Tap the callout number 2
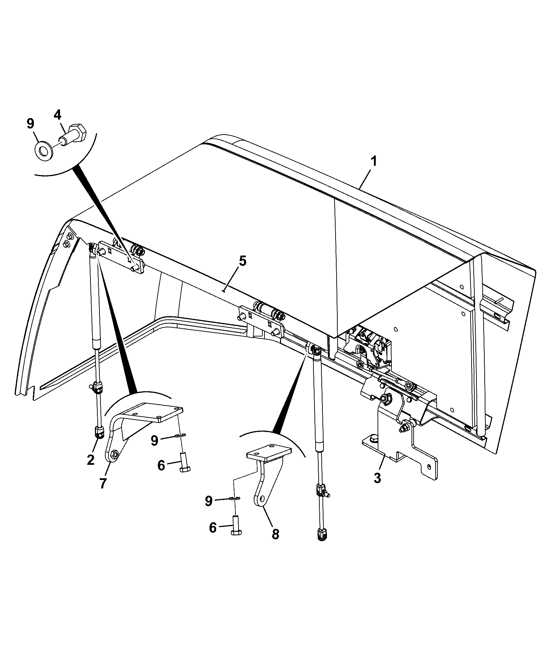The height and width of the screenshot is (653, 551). coord(91,460)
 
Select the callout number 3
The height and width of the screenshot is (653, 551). coord(377,479)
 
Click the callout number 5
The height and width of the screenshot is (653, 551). coord(243,261)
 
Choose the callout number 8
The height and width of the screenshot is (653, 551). coord(275,544)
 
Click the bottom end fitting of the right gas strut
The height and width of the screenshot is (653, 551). coord(322,544)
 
